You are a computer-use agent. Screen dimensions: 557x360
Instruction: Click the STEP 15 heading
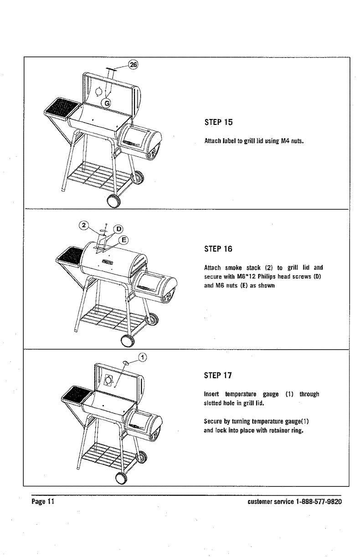(221, 122)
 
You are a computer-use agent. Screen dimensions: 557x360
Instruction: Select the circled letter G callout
(107, 103)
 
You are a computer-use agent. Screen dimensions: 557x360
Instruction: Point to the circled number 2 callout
(82, 225)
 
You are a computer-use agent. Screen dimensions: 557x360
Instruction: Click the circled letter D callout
(118, 229)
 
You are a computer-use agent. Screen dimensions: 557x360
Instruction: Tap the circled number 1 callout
(143, 358)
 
